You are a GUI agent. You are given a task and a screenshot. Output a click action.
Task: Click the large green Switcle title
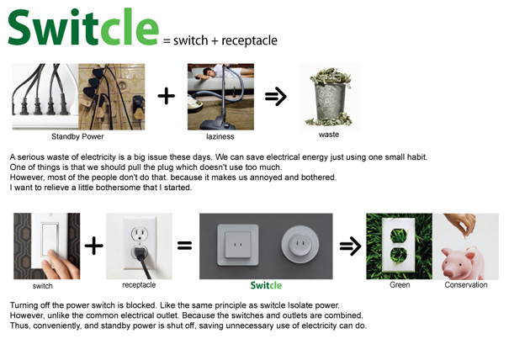[x=83, y=28]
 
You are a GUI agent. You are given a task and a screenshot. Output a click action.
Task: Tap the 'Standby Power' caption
[x=77, y=136]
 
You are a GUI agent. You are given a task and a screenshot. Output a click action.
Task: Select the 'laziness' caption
[x=220, y=136]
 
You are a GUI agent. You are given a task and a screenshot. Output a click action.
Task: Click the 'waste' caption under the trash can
[x=329, y=135]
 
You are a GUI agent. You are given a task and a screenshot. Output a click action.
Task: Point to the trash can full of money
[x=330, y=97]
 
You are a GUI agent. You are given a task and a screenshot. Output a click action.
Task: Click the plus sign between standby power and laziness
[x=167, y=96]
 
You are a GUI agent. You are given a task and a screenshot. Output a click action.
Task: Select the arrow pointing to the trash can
[x=276, y=96]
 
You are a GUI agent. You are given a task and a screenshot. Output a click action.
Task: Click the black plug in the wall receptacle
[x=142, y=259]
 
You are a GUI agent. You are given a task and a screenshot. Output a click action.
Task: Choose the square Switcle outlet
[x=238, y=245]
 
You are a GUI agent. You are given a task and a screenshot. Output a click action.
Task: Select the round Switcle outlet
[x=300, y=244]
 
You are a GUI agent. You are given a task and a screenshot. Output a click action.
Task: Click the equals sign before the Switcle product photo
[x=184, y=245]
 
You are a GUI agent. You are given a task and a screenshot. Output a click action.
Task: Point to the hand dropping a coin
[x=463, y=224]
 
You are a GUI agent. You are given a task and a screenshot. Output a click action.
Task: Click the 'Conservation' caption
[x=466, y=285]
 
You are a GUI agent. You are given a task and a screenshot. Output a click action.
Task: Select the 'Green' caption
[x=400, y=285]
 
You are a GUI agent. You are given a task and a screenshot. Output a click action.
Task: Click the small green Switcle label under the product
[x=266, y=285]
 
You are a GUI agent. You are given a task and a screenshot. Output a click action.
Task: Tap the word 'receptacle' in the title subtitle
[x=249, y=41]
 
